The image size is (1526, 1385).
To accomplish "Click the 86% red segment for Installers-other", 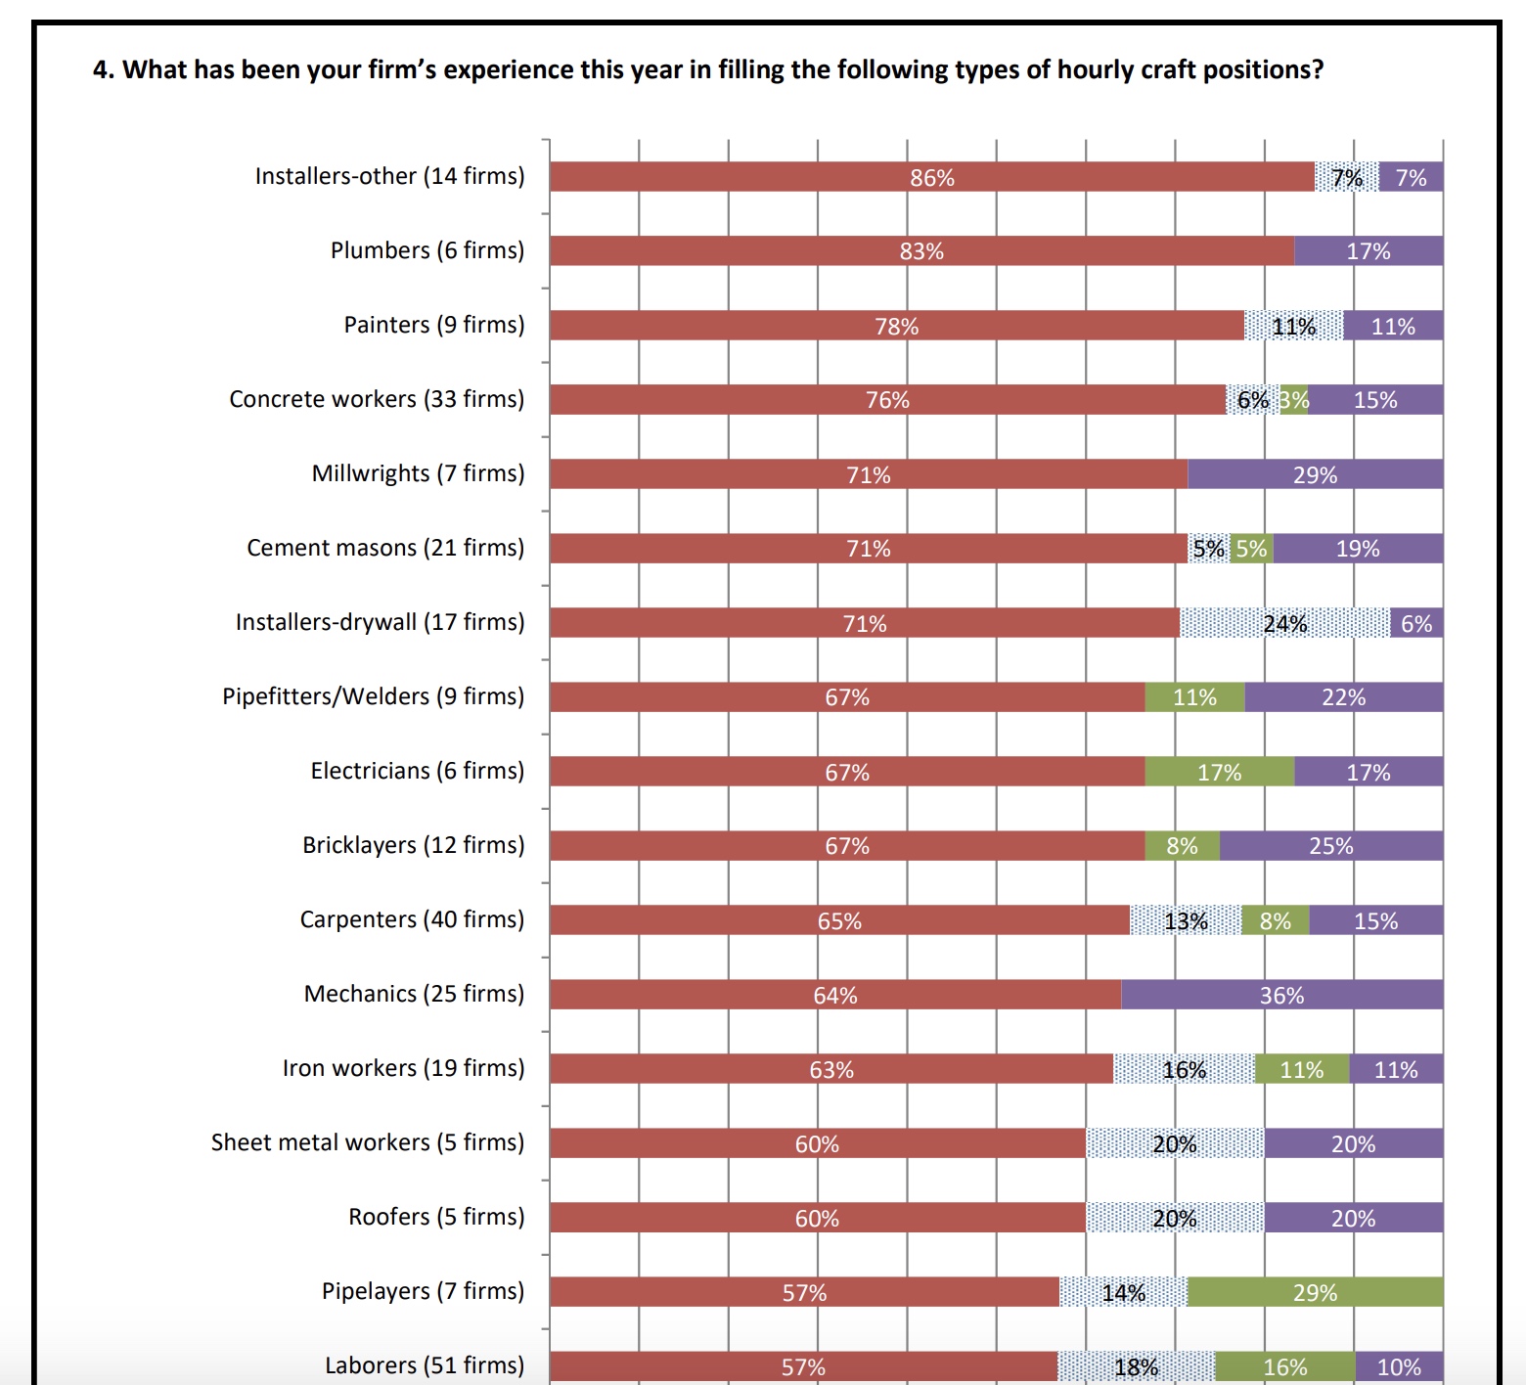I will pos(931,177).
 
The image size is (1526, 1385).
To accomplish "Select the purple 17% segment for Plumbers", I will pos(1368,251).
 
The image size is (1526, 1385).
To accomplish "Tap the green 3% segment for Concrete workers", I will pos(1294,400).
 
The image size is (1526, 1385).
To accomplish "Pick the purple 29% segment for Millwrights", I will pos(1315,474).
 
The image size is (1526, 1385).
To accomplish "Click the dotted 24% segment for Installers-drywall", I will pos(1284,623).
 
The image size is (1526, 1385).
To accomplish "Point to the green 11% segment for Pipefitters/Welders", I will pos(1194,697).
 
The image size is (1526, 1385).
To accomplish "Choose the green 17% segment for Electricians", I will pos(1219,772).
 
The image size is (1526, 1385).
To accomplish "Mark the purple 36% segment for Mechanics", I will pos(1281,995).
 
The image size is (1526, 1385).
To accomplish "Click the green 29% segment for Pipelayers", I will pos(1315,1292).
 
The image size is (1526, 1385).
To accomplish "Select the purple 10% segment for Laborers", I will pos(1399,1366).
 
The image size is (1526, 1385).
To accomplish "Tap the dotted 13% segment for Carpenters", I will pos(1186,920).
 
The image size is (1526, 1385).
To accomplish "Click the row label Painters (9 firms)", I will pos(433,325).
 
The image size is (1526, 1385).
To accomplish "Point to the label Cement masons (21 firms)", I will pos(385,548).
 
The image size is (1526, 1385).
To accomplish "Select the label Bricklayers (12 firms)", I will pos(413,845).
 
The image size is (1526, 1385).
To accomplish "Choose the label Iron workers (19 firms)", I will pos(403,1068).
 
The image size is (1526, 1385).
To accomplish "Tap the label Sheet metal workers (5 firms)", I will pos(368,1142).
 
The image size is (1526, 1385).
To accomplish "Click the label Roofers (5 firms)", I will pos(436,1217).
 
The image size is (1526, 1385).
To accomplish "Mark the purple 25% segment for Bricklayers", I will pos(1330,846).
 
